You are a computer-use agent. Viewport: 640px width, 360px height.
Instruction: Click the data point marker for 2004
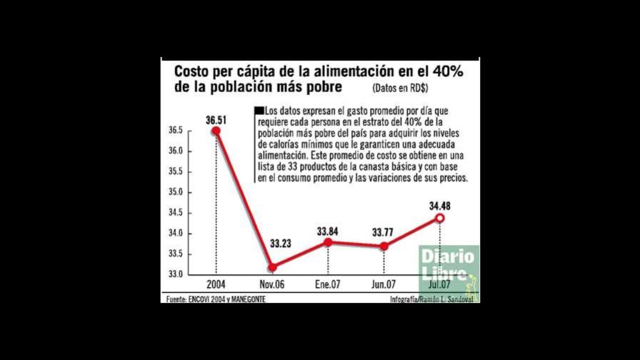click(216, 131)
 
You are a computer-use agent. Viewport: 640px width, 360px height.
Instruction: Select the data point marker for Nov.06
click(273, 267)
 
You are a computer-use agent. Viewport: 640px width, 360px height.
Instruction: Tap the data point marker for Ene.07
click(328, 242)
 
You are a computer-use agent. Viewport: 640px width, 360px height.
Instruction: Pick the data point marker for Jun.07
click(384, 246)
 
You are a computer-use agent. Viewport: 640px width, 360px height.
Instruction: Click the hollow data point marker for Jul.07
click(440, 218)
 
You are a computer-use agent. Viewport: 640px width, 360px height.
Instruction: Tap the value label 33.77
click(384, 231)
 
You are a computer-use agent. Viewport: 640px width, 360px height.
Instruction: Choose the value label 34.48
click(439, 206)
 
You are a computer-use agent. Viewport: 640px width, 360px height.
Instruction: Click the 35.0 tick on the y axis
click(176, 193)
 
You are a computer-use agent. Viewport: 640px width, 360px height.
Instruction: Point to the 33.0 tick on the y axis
click(176, 274)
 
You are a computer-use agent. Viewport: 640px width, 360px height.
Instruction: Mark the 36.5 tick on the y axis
click(176, 131)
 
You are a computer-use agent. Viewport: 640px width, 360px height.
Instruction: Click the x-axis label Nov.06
click(272, 284)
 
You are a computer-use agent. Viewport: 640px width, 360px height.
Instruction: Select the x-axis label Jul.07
click(440, 284)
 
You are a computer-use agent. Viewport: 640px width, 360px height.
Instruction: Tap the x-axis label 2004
click(216, 284)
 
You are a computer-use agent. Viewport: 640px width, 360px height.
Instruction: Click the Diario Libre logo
click(447, 265)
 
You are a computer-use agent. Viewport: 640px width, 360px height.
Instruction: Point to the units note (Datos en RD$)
click(399, 89)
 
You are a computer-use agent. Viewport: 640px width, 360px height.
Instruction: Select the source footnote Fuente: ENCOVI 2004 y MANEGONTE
click(216, 299)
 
